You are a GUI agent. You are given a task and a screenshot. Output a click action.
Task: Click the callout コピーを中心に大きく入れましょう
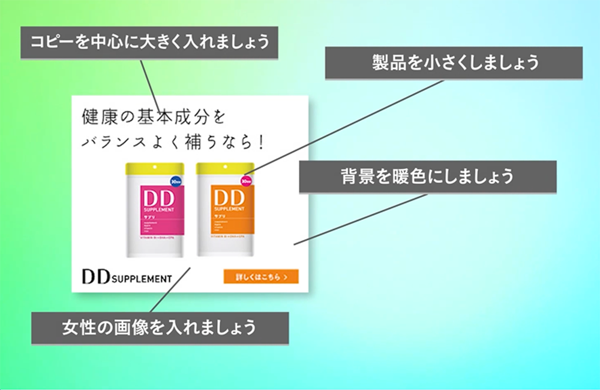coord(149,43)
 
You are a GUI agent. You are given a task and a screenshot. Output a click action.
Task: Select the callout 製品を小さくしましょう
coord(454,63)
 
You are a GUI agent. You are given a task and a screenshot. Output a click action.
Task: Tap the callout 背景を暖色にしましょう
coord(427,177)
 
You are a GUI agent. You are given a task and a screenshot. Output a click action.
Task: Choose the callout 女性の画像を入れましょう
coord(160,328)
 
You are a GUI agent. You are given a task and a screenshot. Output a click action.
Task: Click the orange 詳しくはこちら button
coord(261,277)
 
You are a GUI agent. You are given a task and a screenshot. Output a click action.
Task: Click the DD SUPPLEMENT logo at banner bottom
coord(127,278)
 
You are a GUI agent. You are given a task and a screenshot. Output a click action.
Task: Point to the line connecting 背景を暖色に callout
coord(360,219)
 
